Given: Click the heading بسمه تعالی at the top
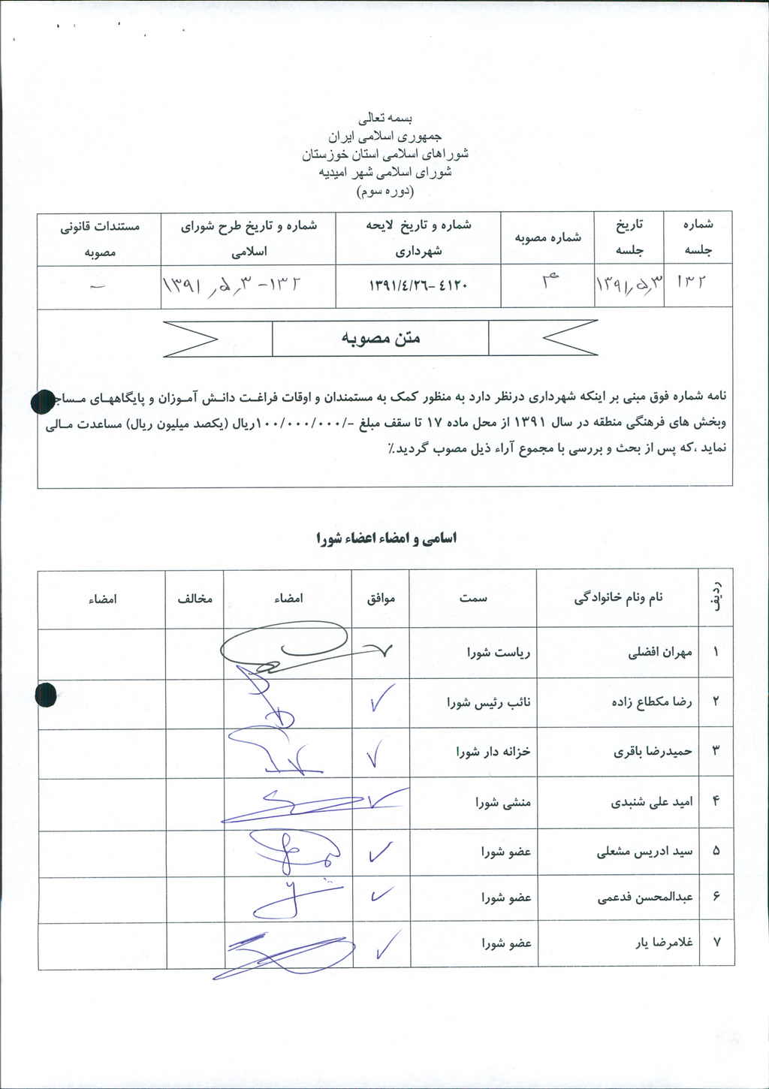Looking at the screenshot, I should (385, 119).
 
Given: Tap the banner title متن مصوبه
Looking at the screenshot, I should (381, 338).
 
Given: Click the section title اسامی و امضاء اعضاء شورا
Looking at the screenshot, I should (386, 538).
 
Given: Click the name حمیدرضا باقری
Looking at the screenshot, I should (653, 751).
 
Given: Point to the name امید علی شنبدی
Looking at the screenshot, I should (651, 801).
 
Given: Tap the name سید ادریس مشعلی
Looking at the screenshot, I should (644, 852).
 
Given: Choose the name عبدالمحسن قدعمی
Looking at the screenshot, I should (645, 897).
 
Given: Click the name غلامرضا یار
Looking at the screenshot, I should (663, 942).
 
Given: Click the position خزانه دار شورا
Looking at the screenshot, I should (493, 751).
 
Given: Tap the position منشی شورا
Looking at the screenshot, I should (502, 802).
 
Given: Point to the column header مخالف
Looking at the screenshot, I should (195, 599).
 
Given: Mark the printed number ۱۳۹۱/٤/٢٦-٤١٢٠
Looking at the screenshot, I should (418, 286).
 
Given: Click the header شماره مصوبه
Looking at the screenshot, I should (547, 237).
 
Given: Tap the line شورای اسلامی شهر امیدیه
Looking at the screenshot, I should (385, 172).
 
